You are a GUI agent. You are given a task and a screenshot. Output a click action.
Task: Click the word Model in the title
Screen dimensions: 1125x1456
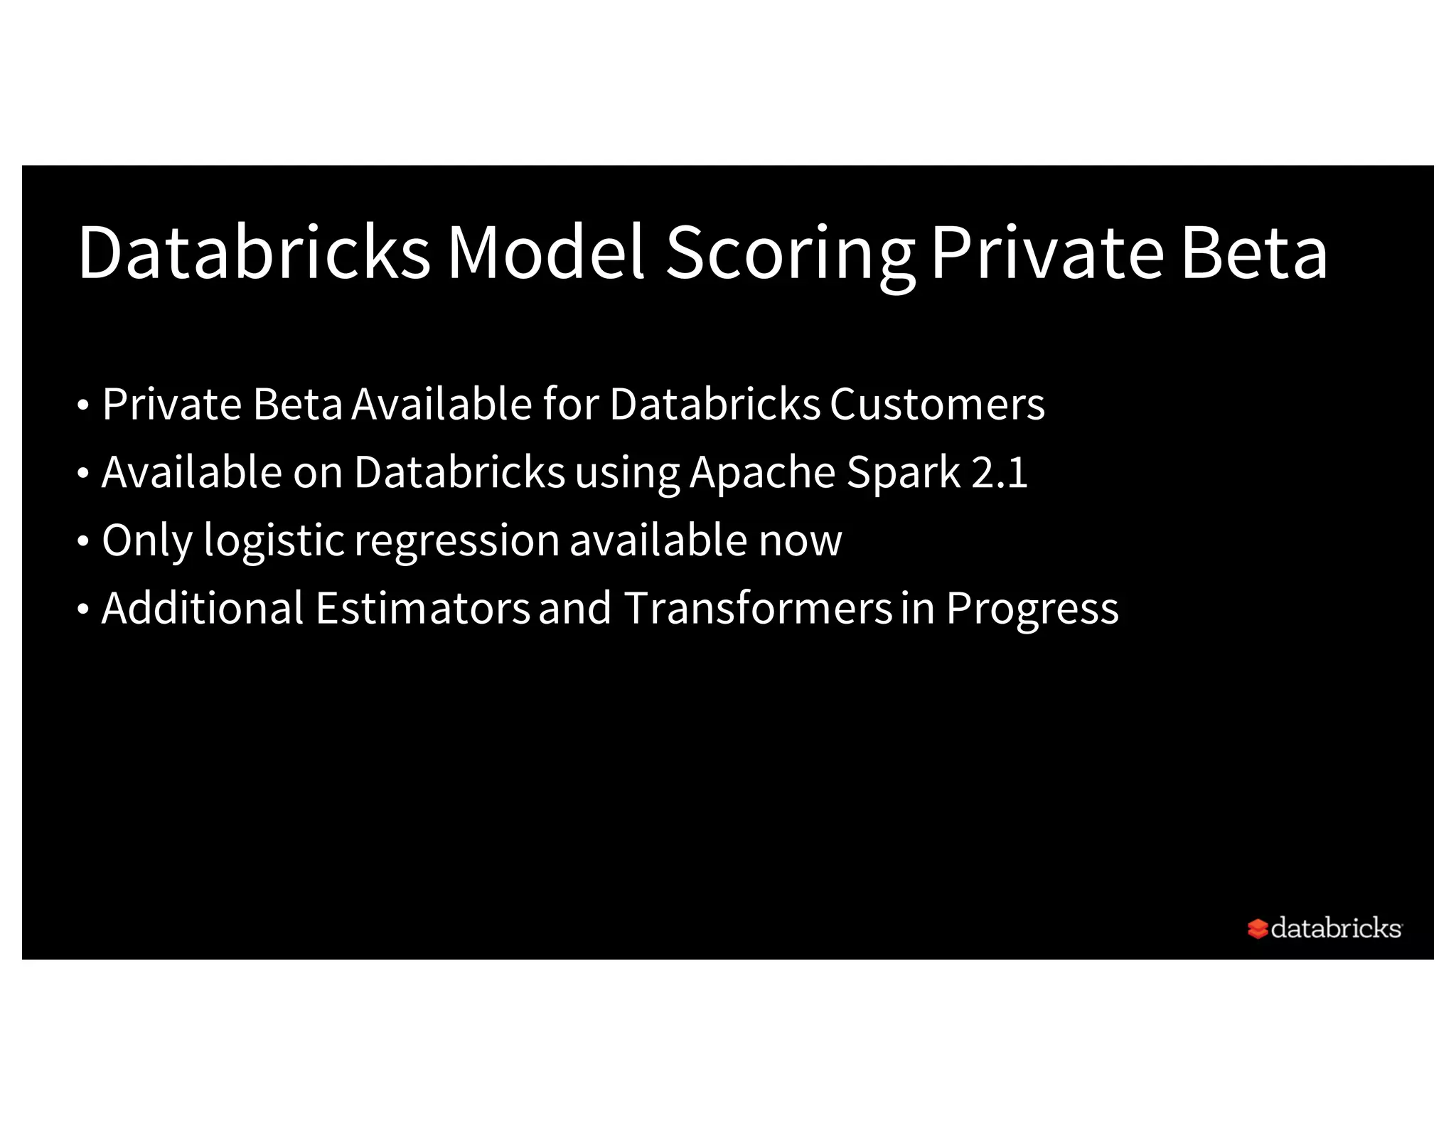[545, 252]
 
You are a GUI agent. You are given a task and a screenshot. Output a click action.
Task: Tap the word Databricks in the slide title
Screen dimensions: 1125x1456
[254, 252]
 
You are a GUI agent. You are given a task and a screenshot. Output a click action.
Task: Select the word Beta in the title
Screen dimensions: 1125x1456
[1254, 252]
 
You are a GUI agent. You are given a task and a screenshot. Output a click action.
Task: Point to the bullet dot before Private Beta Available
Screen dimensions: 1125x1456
[83, 406]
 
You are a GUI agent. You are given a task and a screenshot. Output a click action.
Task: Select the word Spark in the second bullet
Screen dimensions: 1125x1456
[903, 474]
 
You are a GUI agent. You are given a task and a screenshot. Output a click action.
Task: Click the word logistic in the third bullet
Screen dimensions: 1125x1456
[274, 541]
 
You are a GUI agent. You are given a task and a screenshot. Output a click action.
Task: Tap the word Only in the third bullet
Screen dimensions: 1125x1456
[147, 541]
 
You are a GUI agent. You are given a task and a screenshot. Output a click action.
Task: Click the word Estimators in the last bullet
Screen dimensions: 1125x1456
[422, 608]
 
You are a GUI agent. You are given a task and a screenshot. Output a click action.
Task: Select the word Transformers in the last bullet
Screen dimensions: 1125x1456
[757, 608]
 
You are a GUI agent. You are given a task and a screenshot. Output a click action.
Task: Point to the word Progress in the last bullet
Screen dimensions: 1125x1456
[1032, 609]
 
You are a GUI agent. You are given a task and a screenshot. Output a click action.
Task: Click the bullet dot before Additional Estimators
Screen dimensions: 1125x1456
[83, 609]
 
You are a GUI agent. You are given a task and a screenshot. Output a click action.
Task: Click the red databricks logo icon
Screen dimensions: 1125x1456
[1257, 929]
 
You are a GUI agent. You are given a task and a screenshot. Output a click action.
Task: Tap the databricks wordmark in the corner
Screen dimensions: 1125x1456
[1335, 928]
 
